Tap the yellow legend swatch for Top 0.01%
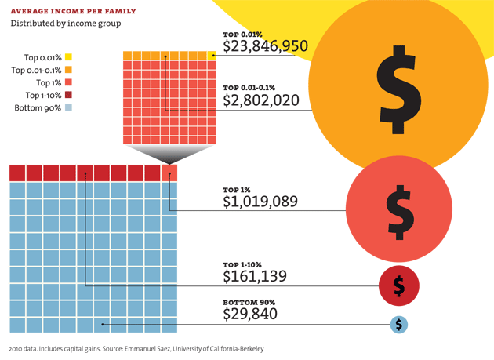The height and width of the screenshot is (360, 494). point(69,57)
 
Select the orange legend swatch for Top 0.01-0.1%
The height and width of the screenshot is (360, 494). point(69,70)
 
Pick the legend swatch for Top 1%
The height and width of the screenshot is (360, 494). point(69,82)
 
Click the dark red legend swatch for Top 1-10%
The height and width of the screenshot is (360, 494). point(69,95)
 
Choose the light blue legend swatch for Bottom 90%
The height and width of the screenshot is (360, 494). point(69,107)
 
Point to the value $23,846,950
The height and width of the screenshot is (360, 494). point(264,47)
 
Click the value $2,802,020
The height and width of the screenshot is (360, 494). point(260,100)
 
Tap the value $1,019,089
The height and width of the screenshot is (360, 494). point(260,202)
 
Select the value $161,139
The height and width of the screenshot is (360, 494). point(255,276)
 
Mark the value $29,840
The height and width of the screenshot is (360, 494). point(250,315)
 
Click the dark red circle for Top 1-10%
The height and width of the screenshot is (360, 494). point(399,285)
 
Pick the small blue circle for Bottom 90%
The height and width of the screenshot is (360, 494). point(399,323)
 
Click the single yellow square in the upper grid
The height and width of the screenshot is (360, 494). point(212,55)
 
